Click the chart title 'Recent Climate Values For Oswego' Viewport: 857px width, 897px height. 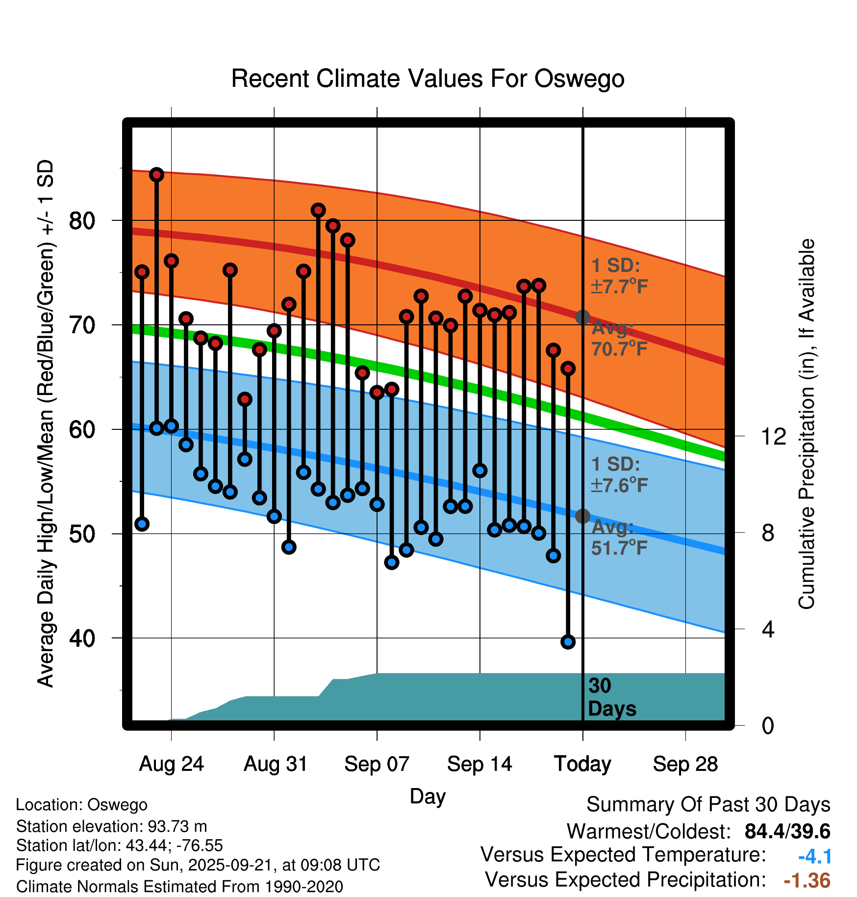428,79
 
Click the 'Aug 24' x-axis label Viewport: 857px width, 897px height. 171,764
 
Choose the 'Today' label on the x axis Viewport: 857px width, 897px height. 582,764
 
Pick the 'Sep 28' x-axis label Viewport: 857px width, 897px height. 685,764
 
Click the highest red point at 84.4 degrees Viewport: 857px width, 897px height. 156,175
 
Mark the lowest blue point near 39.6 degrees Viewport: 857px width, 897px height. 568,642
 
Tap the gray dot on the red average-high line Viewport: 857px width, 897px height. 582,317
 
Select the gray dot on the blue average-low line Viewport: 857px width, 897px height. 582,516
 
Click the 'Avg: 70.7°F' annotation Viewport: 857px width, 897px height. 619,339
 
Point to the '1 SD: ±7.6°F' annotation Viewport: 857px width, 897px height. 619,475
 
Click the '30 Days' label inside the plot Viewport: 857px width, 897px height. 611,697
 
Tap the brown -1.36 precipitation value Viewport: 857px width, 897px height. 807,880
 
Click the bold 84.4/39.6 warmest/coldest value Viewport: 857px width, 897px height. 787,831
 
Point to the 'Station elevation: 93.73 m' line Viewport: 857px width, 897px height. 111,826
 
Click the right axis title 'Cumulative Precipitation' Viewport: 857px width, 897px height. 806,424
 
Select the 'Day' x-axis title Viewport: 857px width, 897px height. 428,796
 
